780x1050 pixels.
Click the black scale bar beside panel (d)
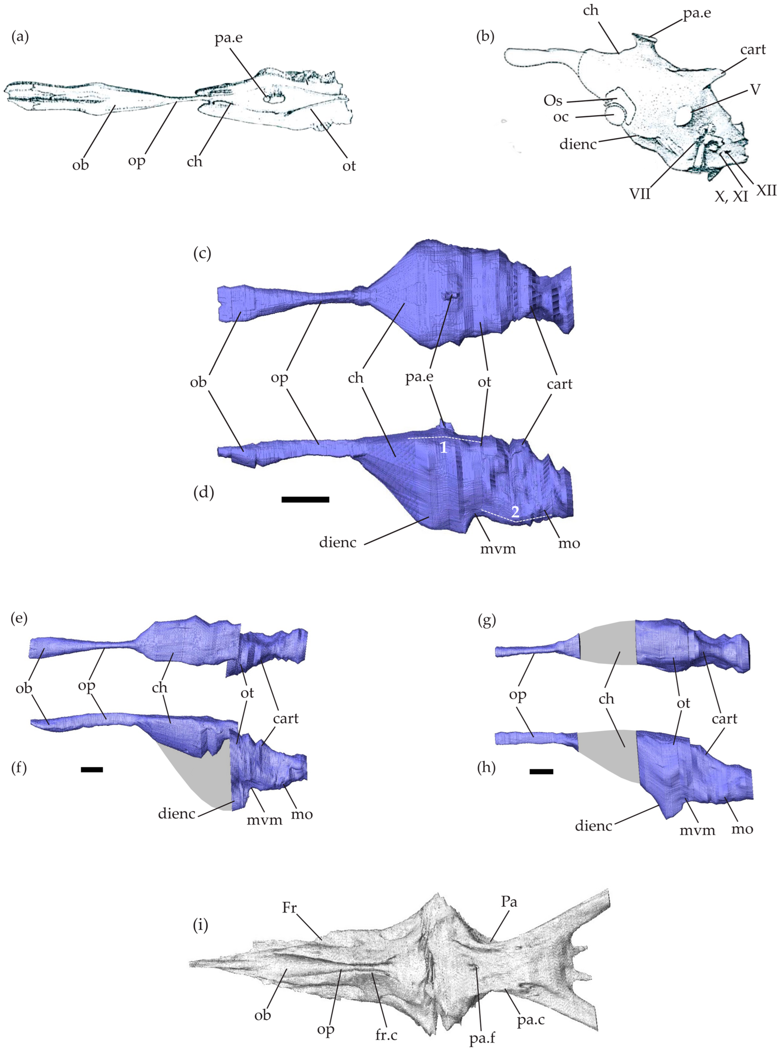pos(305,499)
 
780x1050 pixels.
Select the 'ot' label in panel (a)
pos(349,166)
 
